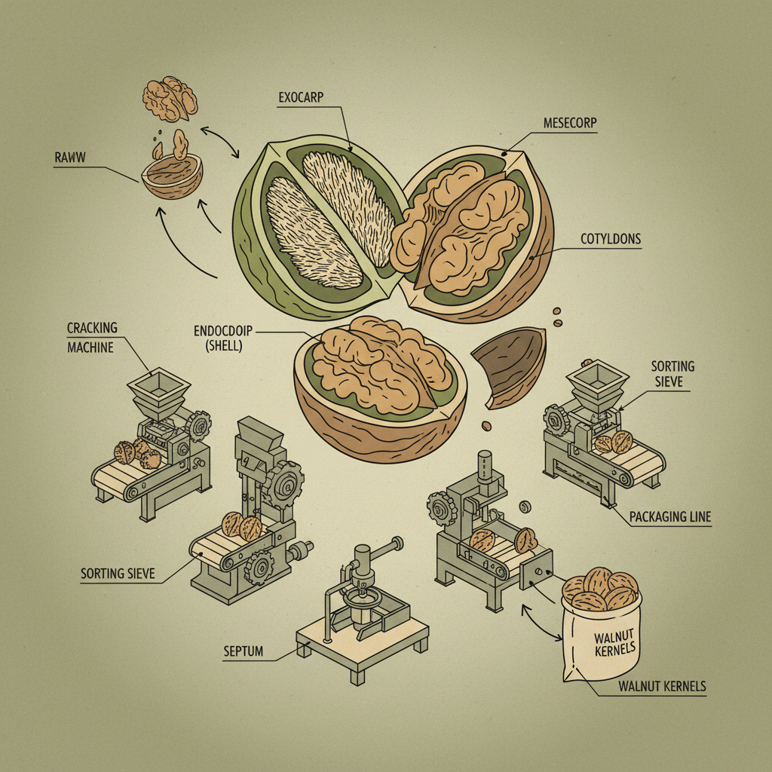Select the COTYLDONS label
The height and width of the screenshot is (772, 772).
click(x=611, y=239)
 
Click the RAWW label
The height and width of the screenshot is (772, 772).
click(x=70, y=158)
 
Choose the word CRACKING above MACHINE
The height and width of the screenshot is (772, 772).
click(x=93, y=328)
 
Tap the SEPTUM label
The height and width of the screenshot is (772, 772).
click(x=244, y=651)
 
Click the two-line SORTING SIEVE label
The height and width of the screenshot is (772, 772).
click(x=672, y=374)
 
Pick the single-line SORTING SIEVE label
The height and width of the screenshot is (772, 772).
click(x=118, y=574)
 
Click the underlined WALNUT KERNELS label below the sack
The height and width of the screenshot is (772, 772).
click(x=662, y=686)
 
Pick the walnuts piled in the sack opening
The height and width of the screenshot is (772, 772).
click(x=602, y=590)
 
